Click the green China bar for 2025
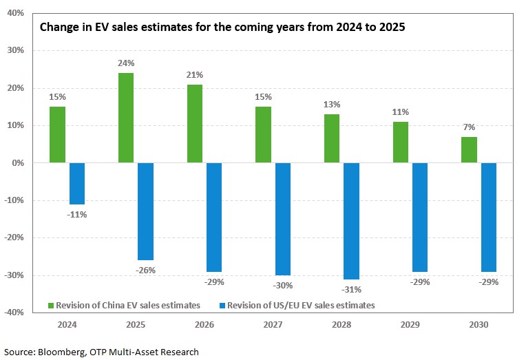tap(126, 118)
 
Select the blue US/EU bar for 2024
tap(76, 184)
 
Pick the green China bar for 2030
tap(469, 150)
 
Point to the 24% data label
tap(126, 63)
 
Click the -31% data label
tap(352, 289)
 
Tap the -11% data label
tap(76, 215)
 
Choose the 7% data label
tap(469, 127)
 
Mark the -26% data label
tap(145, 271)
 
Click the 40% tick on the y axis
tap(15, 13)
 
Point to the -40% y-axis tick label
tap(13, 313)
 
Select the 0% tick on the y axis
tap(17, 163)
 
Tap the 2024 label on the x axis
tap(67, 324)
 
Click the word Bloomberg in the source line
tap(59, 352)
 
